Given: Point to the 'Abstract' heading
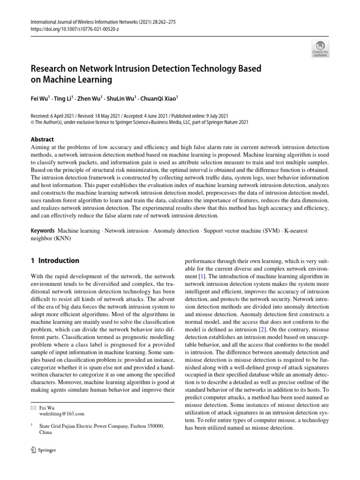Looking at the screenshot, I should pyautogui.click(x=42, y=139).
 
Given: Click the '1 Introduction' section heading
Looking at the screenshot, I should pyautogui.click(x=55, y=261).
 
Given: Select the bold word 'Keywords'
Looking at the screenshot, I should pyautogui.click(x=42, y=230).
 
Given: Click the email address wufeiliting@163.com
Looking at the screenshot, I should pyautogui.click(x=62, y=414).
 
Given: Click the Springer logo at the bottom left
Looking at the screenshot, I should pyautogui.click(x=43, y=450).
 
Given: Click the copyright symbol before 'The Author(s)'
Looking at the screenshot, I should pyautogui.click(x=32, y=122).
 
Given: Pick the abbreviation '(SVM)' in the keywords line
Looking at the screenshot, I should pyautogui.click(x=274, y=230).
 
